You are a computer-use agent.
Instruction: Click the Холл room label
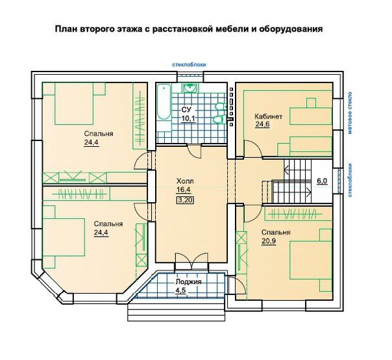(x=185, y=181)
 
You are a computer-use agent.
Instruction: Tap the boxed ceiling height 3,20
(x=186, y=200)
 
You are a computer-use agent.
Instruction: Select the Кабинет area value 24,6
(x=262, y=124)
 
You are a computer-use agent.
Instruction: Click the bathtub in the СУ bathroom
(x=164, y=101)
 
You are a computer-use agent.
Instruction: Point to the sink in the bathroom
(x=191, y=88)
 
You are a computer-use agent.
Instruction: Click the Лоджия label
(x=188, y=282)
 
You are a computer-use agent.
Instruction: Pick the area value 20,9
(x=269, y=241)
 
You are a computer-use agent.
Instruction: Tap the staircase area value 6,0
(x=322, y=181)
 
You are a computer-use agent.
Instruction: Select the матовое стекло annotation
(x=350, y=112)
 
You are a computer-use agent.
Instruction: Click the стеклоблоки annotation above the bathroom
(x=189, y=64)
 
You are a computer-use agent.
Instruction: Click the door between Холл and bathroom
(x=194, y=151)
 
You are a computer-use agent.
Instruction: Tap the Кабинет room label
(x=269, y=116)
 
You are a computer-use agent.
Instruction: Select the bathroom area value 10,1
(x=188, y=118)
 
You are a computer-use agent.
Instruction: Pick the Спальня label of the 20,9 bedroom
(x=276, y=233)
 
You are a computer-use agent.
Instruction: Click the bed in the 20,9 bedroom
(x=311, y=260)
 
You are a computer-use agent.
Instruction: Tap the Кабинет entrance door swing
(x=253, y=149)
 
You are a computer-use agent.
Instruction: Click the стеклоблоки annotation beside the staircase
(x=350, y=180)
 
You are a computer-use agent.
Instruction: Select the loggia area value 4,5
(x=182, y=291)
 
